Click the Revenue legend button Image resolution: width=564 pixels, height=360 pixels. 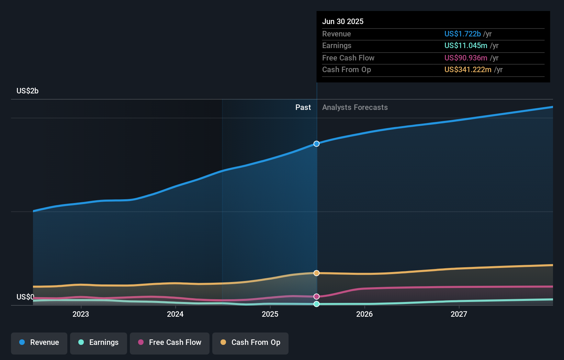pyautogui.click(x=39, y=342)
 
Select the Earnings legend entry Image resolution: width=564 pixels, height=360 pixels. pyautogui.click(x=99, y=342)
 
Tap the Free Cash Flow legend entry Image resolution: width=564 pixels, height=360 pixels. pyautogui.click(x=170, y=342)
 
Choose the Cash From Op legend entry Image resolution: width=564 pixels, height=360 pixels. pyautogui.click(x=250, y=342)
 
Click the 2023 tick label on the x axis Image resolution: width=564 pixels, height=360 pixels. pyautogui.click(x=81, y=314)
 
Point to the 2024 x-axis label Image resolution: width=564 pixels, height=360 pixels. pyautogui.click(x=175, y=314)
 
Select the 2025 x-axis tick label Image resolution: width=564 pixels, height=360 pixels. pyautogui.click(x=270, y=314)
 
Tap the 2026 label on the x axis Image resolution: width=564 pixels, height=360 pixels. pyautogui.click(x=364, y=314)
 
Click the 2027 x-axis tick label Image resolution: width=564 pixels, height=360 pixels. pyautogui.click(x=459, y=314)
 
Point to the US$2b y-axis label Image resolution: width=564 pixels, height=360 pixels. pyautogui.click(x=27, y=91)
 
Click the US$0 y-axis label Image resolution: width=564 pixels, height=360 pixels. pyautogui.click(x=25, y=297)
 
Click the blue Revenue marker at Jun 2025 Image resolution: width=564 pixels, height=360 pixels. pyautogui.click(x=317, y=144)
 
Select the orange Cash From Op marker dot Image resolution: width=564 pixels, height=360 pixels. pyautogui.click(x=317, y=273)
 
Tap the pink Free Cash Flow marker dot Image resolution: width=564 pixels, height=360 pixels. pyautogui.click(x=317, y=296)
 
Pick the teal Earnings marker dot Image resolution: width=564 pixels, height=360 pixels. pyautogui.click(x=317, y=304)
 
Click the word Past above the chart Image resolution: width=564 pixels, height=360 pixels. pyautogui.click(x=303, y=108)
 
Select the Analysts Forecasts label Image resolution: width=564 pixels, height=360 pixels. pyautogui.click(x=355, y=108)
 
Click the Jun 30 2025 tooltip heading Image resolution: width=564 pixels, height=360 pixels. pyautogui.click(x=343, y=21)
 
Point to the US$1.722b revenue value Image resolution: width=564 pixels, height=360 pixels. pyautogui.click(x=462, y=34)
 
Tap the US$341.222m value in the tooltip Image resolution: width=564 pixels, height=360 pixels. pyautogui.click(x=468, y=69)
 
